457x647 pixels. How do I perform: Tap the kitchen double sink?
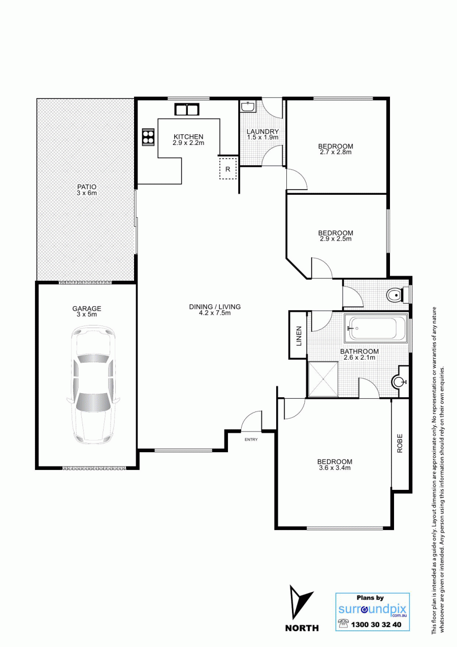point(187,109)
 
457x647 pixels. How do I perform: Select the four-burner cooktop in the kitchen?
point(149,137)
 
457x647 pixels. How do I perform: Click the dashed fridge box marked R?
point(228,169)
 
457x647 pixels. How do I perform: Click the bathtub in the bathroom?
point(375,329)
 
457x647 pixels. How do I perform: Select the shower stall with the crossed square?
point(323,379)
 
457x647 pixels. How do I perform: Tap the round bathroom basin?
point(399,382)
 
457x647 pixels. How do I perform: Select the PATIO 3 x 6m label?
point(87,190)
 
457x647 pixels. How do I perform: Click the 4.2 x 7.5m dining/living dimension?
point(215,312)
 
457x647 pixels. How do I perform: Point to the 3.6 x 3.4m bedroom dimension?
point(335,468)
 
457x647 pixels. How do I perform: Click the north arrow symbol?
point(300,603)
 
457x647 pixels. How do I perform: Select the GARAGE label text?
point(87,308)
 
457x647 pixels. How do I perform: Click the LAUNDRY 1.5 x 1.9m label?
point(263,134)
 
